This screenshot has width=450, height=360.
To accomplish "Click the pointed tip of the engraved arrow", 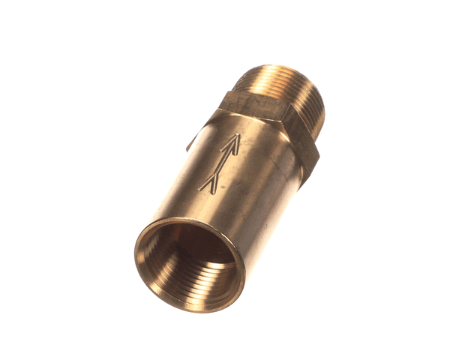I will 241,135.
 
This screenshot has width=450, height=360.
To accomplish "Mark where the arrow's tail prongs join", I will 210,177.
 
